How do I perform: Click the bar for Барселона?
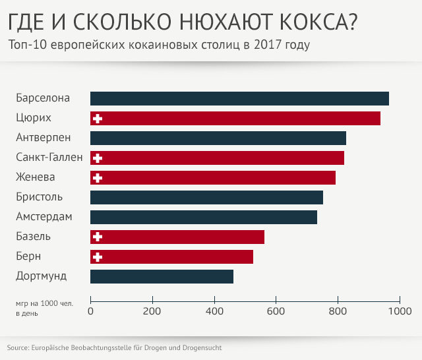[239, 98]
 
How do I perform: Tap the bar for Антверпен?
[218, 138]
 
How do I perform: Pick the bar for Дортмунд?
[162, 276]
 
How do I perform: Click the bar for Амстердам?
[204, 217]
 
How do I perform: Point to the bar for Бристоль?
[206, 197]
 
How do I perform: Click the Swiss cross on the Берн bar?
[98, 256]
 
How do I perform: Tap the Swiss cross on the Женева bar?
[98, 177]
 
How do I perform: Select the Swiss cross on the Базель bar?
[98, 237]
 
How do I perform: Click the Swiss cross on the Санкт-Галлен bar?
[98, 158]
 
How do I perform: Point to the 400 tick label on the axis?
[214, 311]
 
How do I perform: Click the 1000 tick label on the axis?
[398, 311]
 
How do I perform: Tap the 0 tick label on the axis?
[90, 311]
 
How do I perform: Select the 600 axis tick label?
[276, 311]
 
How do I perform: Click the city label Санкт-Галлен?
[49, 158]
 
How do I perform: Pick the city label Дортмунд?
[42, 276]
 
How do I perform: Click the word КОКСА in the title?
[312, 23]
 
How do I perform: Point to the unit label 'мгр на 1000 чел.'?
[45, 303]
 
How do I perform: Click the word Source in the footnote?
[18, 347]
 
